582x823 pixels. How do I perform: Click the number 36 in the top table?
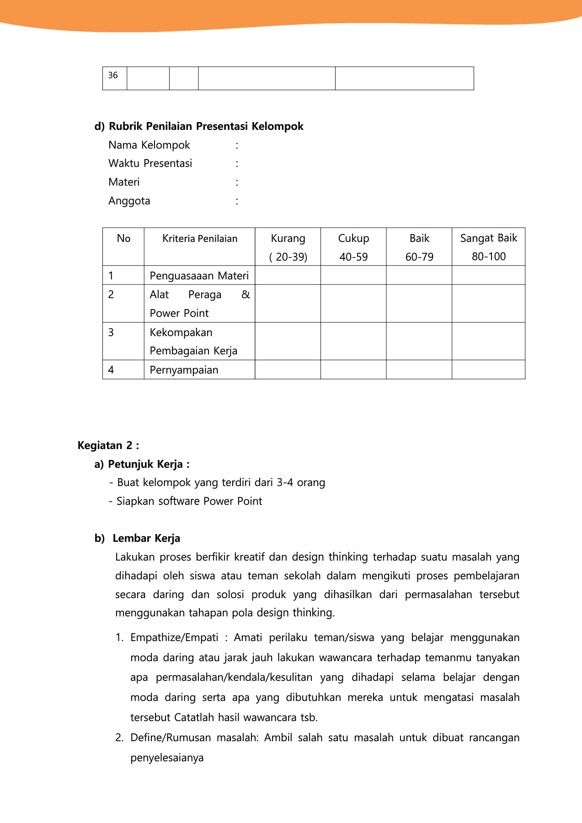(113, 75)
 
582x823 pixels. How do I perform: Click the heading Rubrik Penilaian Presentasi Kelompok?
(206, 126)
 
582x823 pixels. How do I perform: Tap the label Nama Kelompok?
(149, 145)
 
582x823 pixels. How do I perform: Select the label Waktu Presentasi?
(150, 163)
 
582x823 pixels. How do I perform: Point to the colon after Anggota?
(237, 201)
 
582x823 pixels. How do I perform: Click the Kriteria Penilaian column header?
(200, 239)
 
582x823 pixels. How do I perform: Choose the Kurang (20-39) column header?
(288, 247)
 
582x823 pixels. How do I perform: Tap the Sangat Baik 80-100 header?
(488, 247)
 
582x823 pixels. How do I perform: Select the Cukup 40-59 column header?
(353, 247)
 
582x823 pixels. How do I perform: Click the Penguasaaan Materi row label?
(199, 276)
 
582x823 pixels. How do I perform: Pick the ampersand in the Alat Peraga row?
(246, 294)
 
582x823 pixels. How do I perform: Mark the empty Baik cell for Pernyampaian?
(419, 369)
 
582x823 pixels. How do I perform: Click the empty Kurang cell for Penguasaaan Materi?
(288, 275)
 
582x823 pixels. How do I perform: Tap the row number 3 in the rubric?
(111, 332)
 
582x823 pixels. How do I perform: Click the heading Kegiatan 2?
(108, 445)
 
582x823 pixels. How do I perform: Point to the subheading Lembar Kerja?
(146, 538)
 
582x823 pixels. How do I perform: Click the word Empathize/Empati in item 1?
(174, 637)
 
